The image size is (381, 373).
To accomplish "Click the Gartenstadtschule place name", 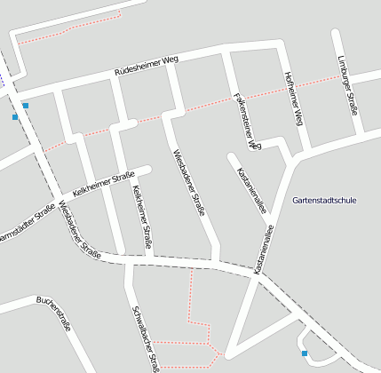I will (324, 201).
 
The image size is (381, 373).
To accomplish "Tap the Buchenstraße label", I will (54, 313).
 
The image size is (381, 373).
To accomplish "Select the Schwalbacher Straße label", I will (145, 337).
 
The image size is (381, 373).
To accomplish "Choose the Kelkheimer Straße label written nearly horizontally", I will (103, 183).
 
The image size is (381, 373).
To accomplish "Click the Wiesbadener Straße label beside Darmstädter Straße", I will (79, 229).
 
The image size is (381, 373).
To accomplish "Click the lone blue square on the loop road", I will (305, 353).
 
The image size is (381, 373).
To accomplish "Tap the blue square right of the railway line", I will (25, 106).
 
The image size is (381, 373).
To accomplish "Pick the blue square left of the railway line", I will (14, 116).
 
